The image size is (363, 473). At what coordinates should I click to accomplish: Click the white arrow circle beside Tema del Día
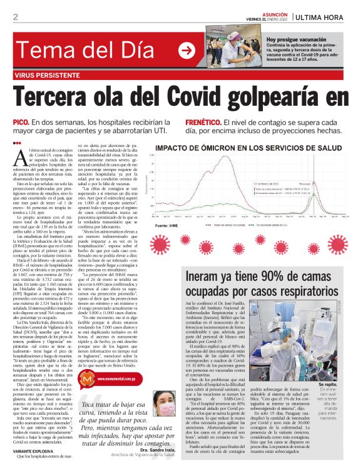[186, 51]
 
